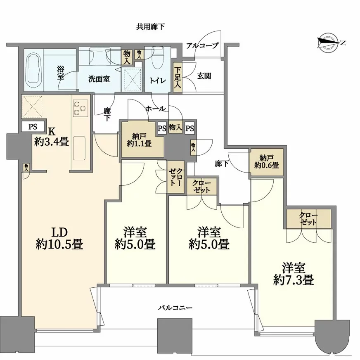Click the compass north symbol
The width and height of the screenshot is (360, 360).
coord(328,43)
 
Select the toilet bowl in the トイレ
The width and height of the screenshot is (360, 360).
coord(158,58)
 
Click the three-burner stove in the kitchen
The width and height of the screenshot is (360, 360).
coord(81,108)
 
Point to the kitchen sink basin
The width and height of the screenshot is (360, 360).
coord(79,148)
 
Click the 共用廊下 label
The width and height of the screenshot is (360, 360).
coord(150,27)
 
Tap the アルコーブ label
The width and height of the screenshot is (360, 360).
coord(202,45)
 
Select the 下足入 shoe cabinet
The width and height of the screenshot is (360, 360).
coord(178,78)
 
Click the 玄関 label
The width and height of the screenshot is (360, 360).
coord(204,76)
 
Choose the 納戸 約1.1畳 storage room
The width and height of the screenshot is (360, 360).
coord(139,140)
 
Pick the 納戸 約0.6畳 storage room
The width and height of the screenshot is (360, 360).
coord(266,162)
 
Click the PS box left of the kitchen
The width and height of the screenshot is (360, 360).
coord(33,127)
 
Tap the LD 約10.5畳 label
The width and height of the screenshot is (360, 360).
coord(59,239)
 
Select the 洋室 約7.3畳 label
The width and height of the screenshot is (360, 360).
coord(294,274)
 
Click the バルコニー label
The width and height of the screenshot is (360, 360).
coord(175,308)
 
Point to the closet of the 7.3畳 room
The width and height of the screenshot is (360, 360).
coord(308,219)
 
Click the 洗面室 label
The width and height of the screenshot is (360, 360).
coord(99,79)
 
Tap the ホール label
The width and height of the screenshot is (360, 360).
coord(155,108)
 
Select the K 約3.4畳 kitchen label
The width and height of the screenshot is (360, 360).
coord(52,137)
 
